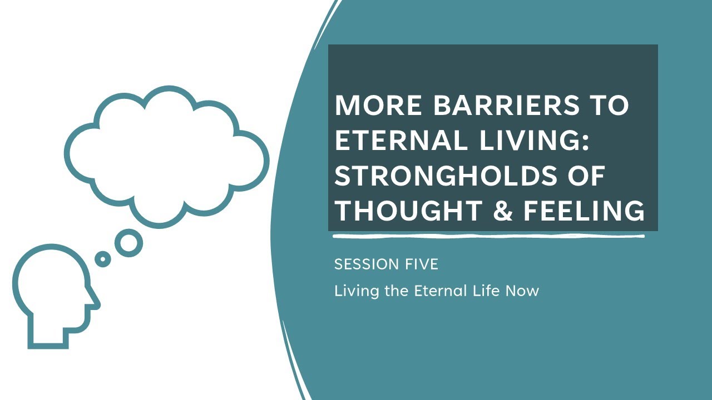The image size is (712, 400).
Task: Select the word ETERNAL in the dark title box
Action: click(401, 141)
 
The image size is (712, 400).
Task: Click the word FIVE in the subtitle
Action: click(423, 264)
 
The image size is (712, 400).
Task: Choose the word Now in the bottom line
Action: click(522, 291)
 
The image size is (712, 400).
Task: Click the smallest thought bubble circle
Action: click(102, 259)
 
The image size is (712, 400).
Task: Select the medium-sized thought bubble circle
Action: click(128, 243)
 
